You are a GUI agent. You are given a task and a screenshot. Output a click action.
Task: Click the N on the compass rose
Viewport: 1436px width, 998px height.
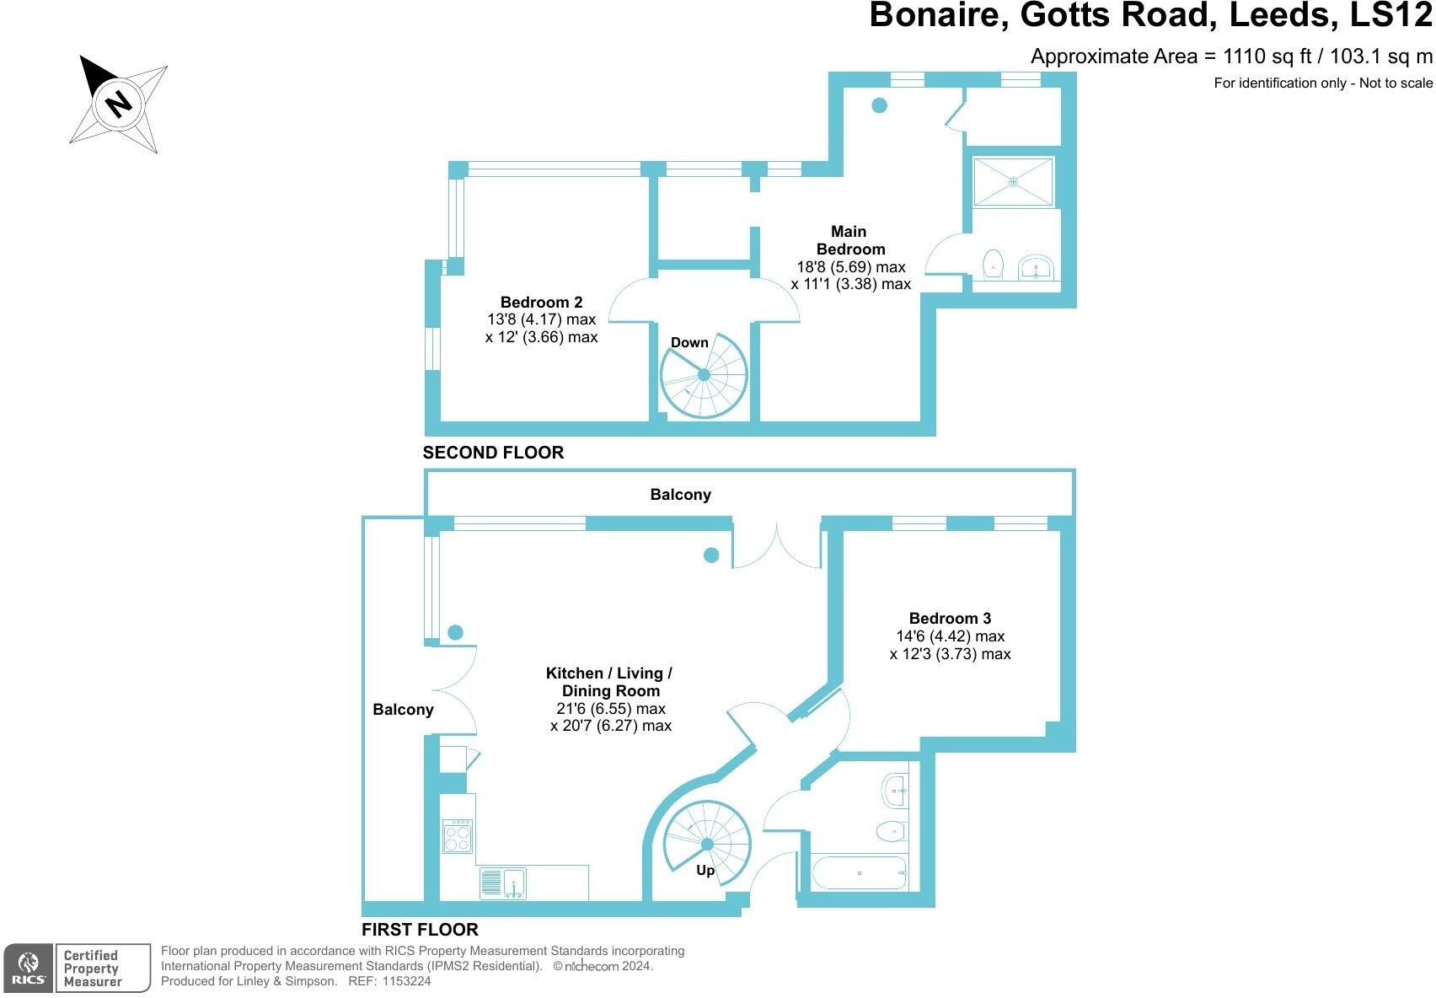coord(119,103)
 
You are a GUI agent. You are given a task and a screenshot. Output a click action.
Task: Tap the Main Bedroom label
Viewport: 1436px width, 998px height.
coord(849,240)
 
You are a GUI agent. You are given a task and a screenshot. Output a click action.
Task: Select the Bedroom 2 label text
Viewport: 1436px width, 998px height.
coord(541,302)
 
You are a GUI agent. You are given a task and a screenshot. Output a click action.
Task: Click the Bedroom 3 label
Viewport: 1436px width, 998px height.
coord(950,618)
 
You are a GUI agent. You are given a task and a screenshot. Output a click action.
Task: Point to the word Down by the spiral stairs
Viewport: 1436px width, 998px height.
coord(689,342)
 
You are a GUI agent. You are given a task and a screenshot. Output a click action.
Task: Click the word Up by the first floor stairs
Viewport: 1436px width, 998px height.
coord(705,870)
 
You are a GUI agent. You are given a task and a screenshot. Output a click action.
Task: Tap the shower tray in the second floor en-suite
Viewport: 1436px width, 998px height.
coord(1014,181)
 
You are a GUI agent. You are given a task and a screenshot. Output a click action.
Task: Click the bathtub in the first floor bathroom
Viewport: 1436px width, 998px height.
coord(859,872)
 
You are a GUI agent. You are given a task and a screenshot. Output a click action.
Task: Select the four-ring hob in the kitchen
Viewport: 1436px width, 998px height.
coord(458,835)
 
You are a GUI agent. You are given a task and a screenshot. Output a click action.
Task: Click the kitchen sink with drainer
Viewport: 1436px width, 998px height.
coord(503,883)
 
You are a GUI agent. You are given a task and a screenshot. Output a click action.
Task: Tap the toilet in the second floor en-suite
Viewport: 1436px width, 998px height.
coord(994,263)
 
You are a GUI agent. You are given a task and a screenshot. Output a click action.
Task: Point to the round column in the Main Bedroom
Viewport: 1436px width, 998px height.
coord(879,105)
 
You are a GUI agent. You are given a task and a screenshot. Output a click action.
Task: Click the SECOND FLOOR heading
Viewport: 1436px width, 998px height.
coord(493,453)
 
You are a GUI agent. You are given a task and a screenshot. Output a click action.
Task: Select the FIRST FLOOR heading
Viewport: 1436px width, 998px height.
coord(420,930)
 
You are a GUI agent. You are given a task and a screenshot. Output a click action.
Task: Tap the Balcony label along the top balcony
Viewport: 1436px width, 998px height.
coord(680,495)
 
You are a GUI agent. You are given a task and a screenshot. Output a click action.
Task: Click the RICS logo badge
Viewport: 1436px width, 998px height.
coord(29,968)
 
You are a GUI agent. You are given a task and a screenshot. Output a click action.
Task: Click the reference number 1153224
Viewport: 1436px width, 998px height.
coord(406,981)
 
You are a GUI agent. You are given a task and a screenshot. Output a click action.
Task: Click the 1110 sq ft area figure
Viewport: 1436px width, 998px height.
coord(1267,56)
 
